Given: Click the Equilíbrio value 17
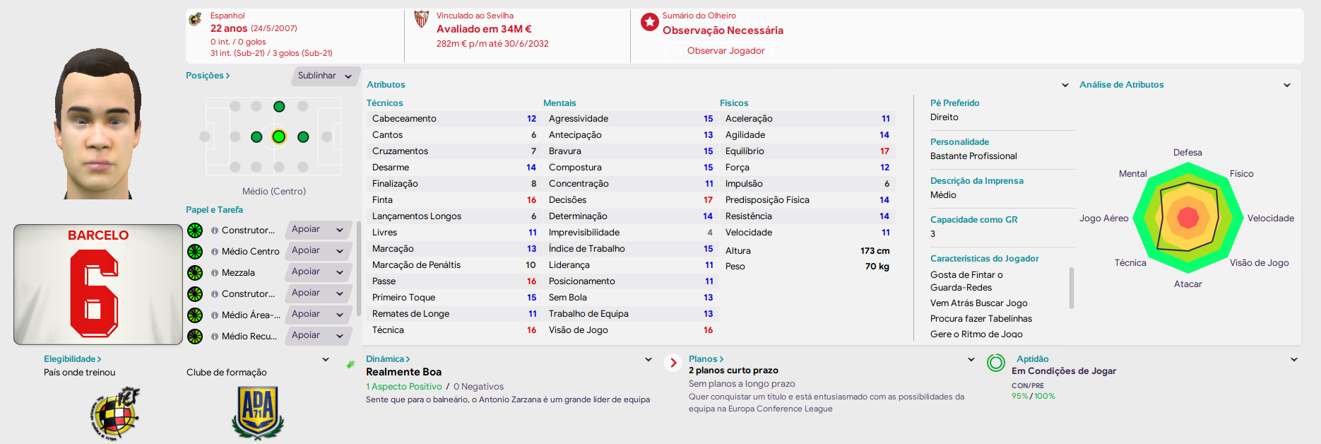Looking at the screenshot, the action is tap(884, 151).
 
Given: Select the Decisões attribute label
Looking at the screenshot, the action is tap(567, 200).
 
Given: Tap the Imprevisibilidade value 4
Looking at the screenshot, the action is tap(710, 233).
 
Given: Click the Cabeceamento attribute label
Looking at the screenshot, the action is tap(404, 119).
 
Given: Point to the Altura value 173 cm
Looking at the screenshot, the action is tap(875, 251).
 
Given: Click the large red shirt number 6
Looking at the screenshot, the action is tap(95, 293).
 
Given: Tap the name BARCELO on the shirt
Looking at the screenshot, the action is tap(98, 235).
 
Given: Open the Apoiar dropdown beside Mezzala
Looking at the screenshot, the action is tap(318, 272).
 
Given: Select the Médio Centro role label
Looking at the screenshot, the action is tap(250, 252).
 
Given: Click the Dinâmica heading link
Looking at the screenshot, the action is tap(388, 359).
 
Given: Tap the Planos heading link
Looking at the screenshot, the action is tap(706, 359).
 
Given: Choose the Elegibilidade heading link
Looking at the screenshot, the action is tap(73, 359).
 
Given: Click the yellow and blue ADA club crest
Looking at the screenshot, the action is tap(258, 412).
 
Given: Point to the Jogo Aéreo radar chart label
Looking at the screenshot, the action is tap(1103, 218).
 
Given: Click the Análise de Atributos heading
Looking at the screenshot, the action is tap(1121, 85).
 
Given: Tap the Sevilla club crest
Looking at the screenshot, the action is tap(421, 19).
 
